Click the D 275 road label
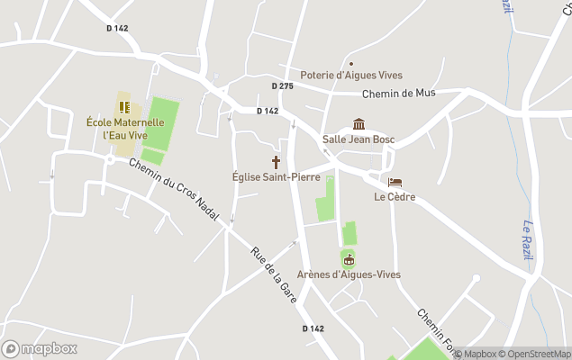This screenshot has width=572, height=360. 282,86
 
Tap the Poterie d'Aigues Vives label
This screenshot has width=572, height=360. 351,76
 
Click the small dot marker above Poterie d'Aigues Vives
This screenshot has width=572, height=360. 351,63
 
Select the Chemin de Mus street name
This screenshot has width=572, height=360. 399,94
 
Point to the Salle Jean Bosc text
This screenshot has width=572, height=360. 359,139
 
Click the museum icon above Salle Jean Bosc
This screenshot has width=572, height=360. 359,124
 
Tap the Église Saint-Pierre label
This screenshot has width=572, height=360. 276,177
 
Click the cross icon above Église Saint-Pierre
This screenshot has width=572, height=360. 276,162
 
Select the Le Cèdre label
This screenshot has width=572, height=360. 395,197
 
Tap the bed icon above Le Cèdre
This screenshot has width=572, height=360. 395,183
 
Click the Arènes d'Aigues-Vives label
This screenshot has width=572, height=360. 349,274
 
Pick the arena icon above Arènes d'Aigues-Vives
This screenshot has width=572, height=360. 349,259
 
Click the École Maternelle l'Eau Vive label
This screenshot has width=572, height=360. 125,129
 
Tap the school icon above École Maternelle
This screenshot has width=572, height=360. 124,107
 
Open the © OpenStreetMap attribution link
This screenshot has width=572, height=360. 535,354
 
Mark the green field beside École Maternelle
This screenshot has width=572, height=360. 159,127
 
